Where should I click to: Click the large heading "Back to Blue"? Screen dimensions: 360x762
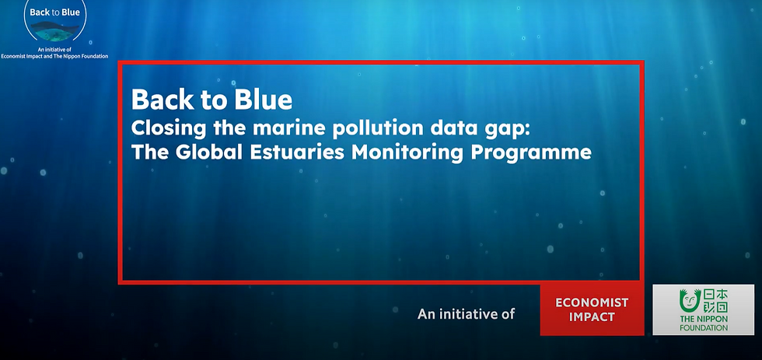(x=211, y=100)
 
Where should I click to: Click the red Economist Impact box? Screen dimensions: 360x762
(x=592, y=309)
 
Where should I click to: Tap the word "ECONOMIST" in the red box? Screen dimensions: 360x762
(x=592, y=302)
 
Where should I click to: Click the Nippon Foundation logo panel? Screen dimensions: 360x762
(x=703, y=309)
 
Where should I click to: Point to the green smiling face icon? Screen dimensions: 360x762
(x=687, y=301)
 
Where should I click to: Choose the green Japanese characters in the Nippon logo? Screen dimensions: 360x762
(x=715, y=300)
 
